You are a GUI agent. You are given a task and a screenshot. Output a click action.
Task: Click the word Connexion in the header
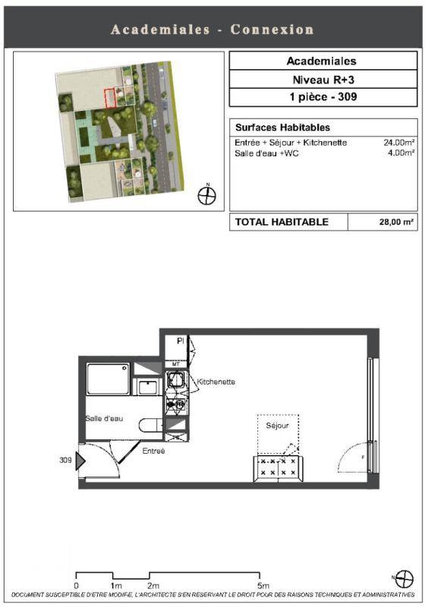pos(272,30)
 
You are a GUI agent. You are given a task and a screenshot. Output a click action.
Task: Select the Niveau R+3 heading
pos(323,80)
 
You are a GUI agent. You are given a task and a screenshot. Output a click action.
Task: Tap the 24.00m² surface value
pos(400,143)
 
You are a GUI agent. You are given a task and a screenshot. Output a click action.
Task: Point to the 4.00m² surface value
pos(401,153)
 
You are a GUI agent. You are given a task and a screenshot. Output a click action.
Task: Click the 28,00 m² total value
pos(396,222)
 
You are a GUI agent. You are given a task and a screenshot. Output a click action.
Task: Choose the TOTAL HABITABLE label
pos(282,222)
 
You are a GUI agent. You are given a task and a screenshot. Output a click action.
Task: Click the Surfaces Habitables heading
pos(283,127)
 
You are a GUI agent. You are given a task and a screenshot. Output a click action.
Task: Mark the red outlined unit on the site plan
pos(110,99)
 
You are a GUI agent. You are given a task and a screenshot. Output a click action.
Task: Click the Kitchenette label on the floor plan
pos(216,382)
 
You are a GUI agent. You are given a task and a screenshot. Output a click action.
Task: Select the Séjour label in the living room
pos(277,426)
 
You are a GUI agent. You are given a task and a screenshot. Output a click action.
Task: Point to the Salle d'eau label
pos(104,419)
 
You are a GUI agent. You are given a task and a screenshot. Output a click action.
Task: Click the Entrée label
pos(153,451)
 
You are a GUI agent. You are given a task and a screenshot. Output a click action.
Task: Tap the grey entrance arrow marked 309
pos(80,461)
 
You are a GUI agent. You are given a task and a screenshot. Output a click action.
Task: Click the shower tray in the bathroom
pos(108,379)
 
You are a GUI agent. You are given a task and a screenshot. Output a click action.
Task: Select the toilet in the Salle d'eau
pos(151,426)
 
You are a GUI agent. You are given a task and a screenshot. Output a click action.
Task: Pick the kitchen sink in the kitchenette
pos(175,379)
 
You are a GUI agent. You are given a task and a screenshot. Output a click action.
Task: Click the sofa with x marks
pos(279,469)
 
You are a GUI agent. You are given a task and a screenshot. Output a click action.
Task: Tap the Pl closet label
pos(180,341)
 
